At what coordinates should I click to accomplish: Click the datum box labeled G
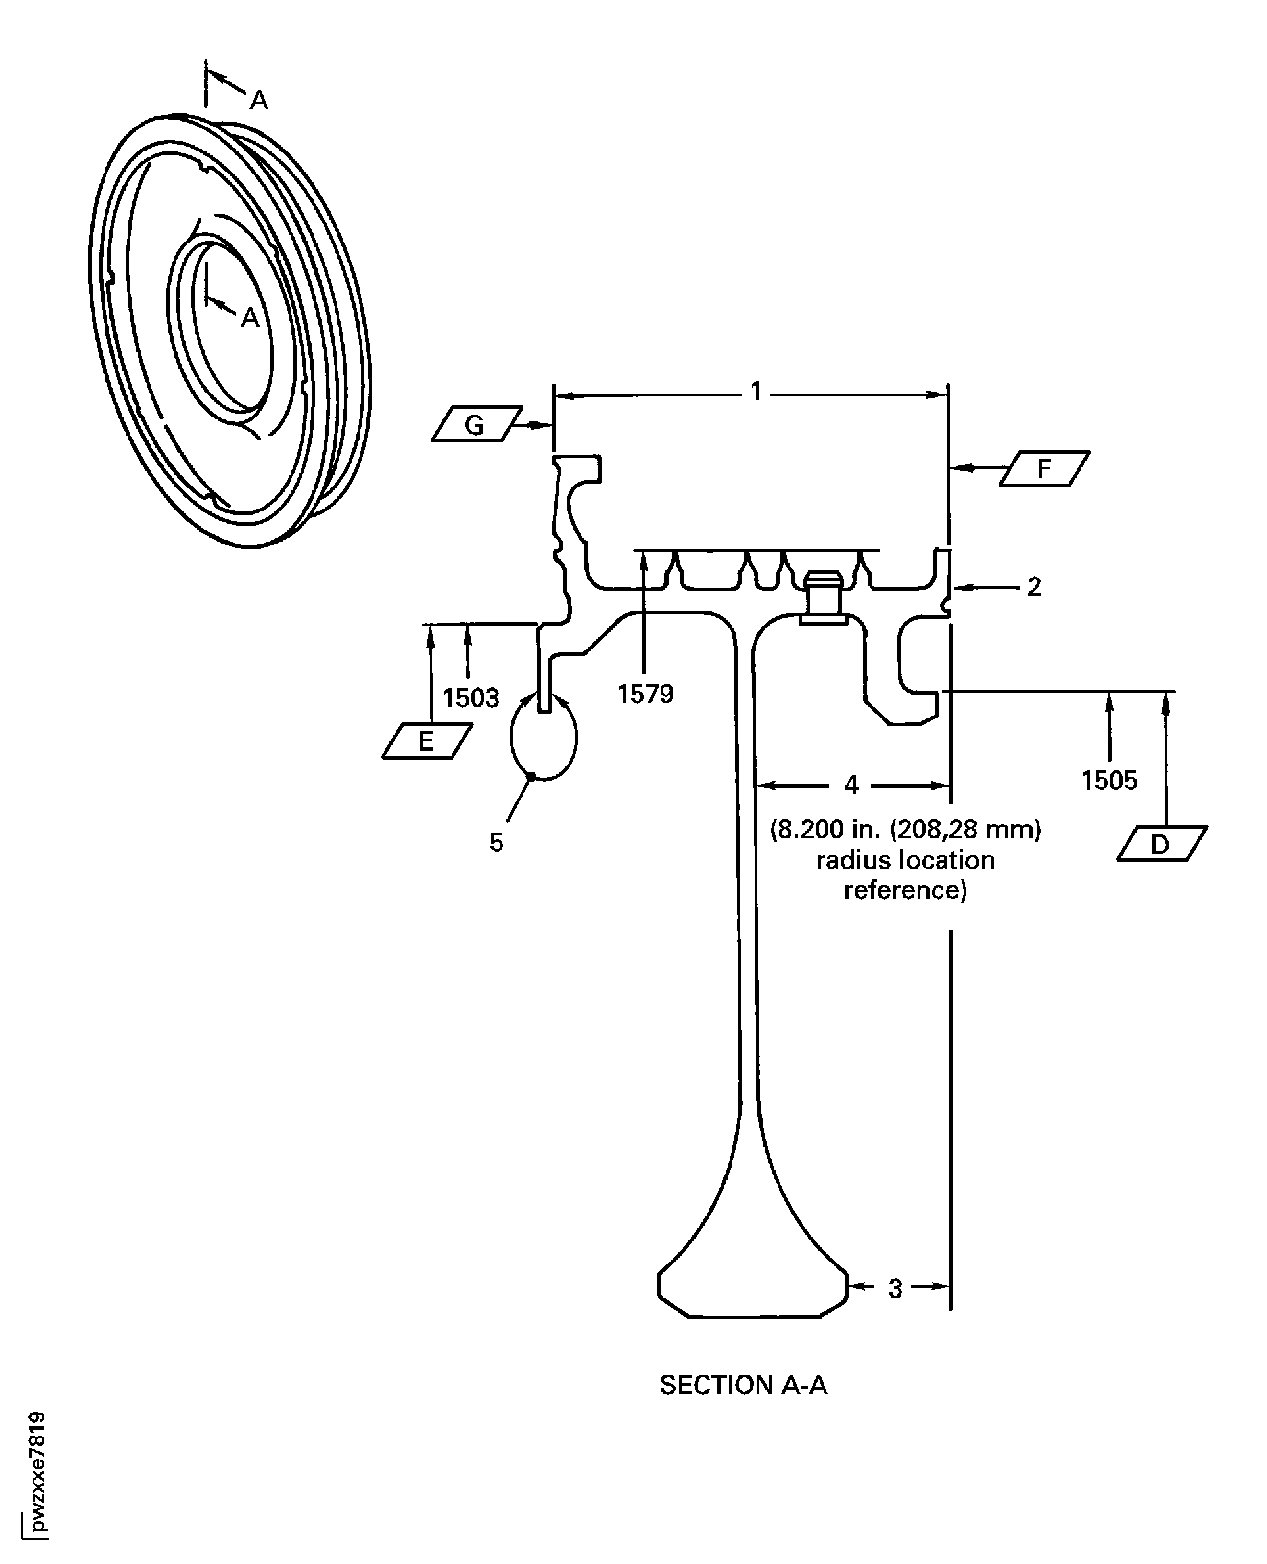(x=477, y=424)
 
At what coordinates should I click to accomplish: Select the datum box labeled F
(x=1045, y=469)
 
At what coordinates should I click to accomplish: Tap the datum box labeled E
(x=426, y=741)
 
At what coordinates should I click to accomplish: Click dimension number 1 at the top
(x=756, y=393)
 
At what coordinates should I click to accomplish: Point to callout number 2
(x=1034, y=587)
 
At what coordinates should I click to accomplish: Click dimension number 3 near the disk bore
(x=895, y=1289)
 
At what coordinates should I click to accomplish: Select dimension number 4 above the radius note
(x=851, y=785)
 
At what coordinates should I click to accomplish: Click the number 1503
(x=471, y=698)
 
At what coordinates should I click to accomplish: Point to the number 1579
(x=645, y=694)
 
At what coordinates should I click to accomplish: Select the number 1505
(x=1109, y=781)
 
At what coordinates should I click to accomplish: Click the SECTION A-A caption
(x=743, y=1385)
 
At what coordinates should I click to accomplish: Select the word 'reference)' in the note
(x=905, y=891)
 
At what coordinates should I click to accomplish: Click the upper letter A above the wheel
(x=259, y=100)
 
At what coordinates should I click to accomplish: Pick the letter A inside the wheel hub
(x=250, y=318)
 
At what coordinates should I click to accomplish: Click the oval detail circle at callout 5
(x=544, y=737)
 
